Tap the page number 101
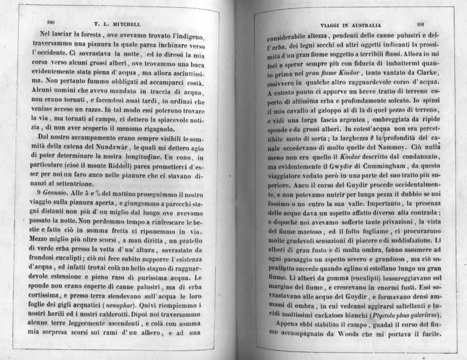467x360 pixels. [x=422, y=23]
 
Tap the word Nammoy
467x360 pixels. [x=391, y=146]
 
